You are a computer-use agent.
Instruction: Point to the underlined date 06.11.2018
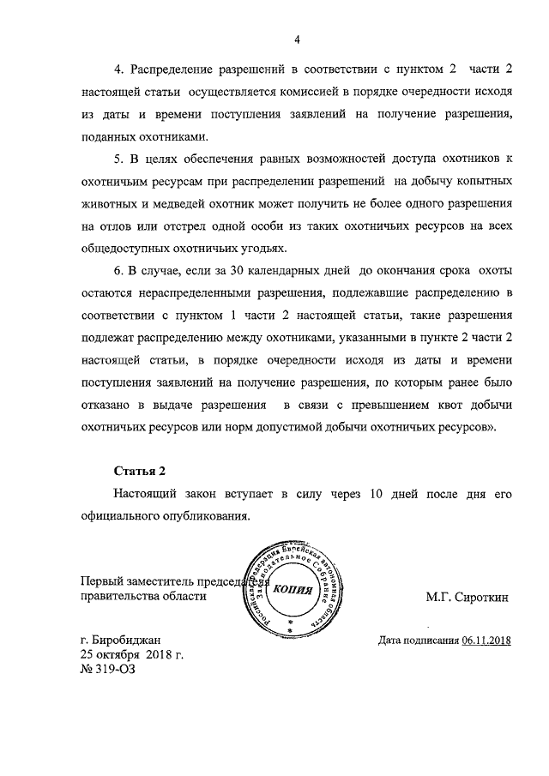[486, 640]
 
